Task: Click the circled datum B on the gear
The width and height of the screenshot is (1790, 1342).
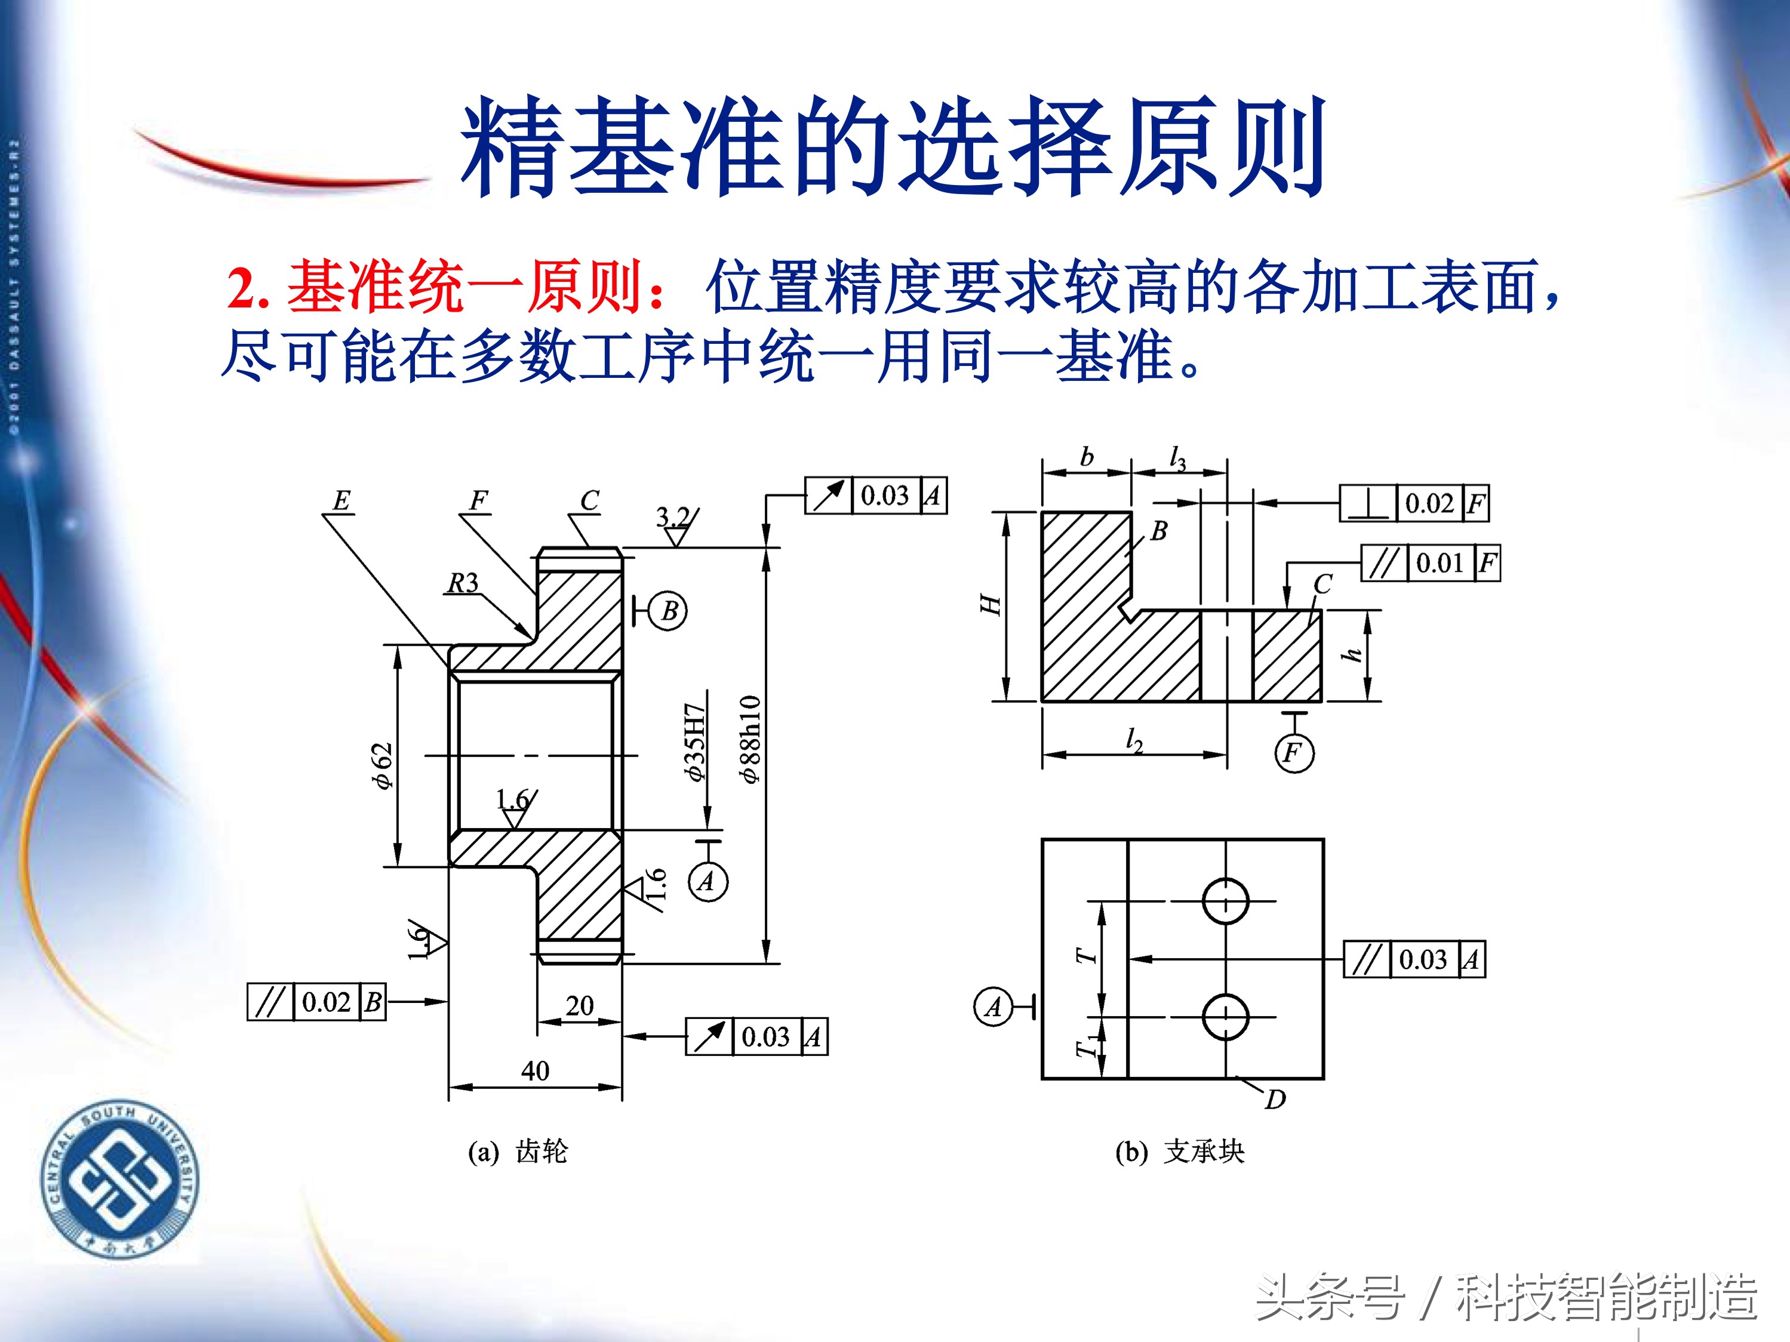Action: coord(669,611)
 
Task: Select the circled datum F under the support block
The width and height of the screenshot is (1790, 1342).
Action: coord(1294,753)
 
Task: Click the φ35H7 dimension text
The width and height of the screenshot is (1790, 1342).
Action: coord(695,742)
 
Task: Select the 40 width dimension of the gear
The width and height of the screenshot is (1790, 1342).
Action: coord(535,1071)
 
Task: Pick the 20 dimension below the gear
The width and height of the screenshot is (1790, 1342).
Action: coord(579,1005)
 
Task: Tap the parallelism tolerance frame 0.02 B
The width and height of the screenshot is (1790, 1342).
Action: coord(316,1002)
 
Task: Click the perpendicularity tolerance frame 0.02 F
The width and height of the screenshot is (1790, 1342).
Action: coord(1414,503)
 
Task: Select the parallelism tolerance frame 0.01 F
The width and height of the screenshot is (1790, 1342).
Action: coord(1431,562)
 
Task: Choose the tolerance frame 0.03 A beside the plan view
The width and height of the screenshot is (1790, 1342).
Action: coord(1414,959)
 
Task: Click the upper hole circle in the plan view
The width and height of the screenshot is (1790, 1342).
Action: coord(1225,900)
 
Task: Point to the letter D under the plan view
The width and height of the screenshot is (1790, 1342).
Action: coord(1275,1099)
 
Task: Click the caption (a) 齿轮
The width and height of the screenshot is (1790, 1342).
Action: coord(518,1151)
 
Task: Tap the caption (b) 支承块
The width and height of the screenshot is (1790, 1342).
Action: coord(1179,1151)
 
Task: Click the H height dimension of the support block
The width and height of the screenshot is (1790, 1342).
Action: coord(991,605)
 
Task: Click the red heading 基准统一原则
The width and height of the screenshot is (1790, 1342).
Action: coord(446,287)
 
